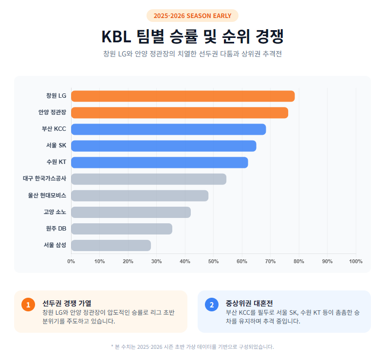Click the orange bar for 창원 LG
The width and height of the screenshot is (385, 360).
183,96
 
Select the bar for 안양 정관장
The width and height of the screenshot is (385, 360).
179,112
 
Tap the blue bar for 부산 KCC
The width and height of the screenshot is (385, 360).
168,129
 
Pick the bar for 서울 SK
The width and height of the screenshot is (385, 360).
164,145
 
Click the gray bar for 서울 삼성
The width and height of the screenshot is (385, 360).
111,245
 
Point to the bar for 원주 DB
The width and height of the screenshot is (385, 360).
122,229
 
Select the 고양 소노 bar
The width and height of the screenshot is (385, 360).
131,212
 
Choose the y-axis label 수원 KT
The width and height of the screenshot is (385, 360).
56,162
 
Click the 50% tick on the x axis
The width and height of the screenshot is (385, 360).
213,261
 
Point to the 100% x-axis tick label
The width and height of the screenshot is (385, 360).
355,261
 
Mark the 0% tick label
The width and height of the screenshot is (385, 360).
71,261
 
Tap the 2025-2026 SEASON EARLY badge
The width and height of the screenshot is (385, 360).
192,16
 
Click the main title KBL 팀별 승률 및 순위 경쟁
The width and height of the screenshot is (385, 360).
192,36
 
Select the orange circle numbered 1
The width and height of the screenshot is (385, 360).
28,305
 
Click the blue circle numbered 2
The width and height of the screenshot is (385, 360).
211,305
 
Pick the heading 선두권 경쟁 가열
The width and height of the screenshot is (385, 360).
67,303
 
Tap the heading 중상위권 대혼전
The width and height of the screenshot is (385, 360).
250,303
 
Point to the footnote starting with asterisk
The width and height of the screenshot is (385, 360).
192,347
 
